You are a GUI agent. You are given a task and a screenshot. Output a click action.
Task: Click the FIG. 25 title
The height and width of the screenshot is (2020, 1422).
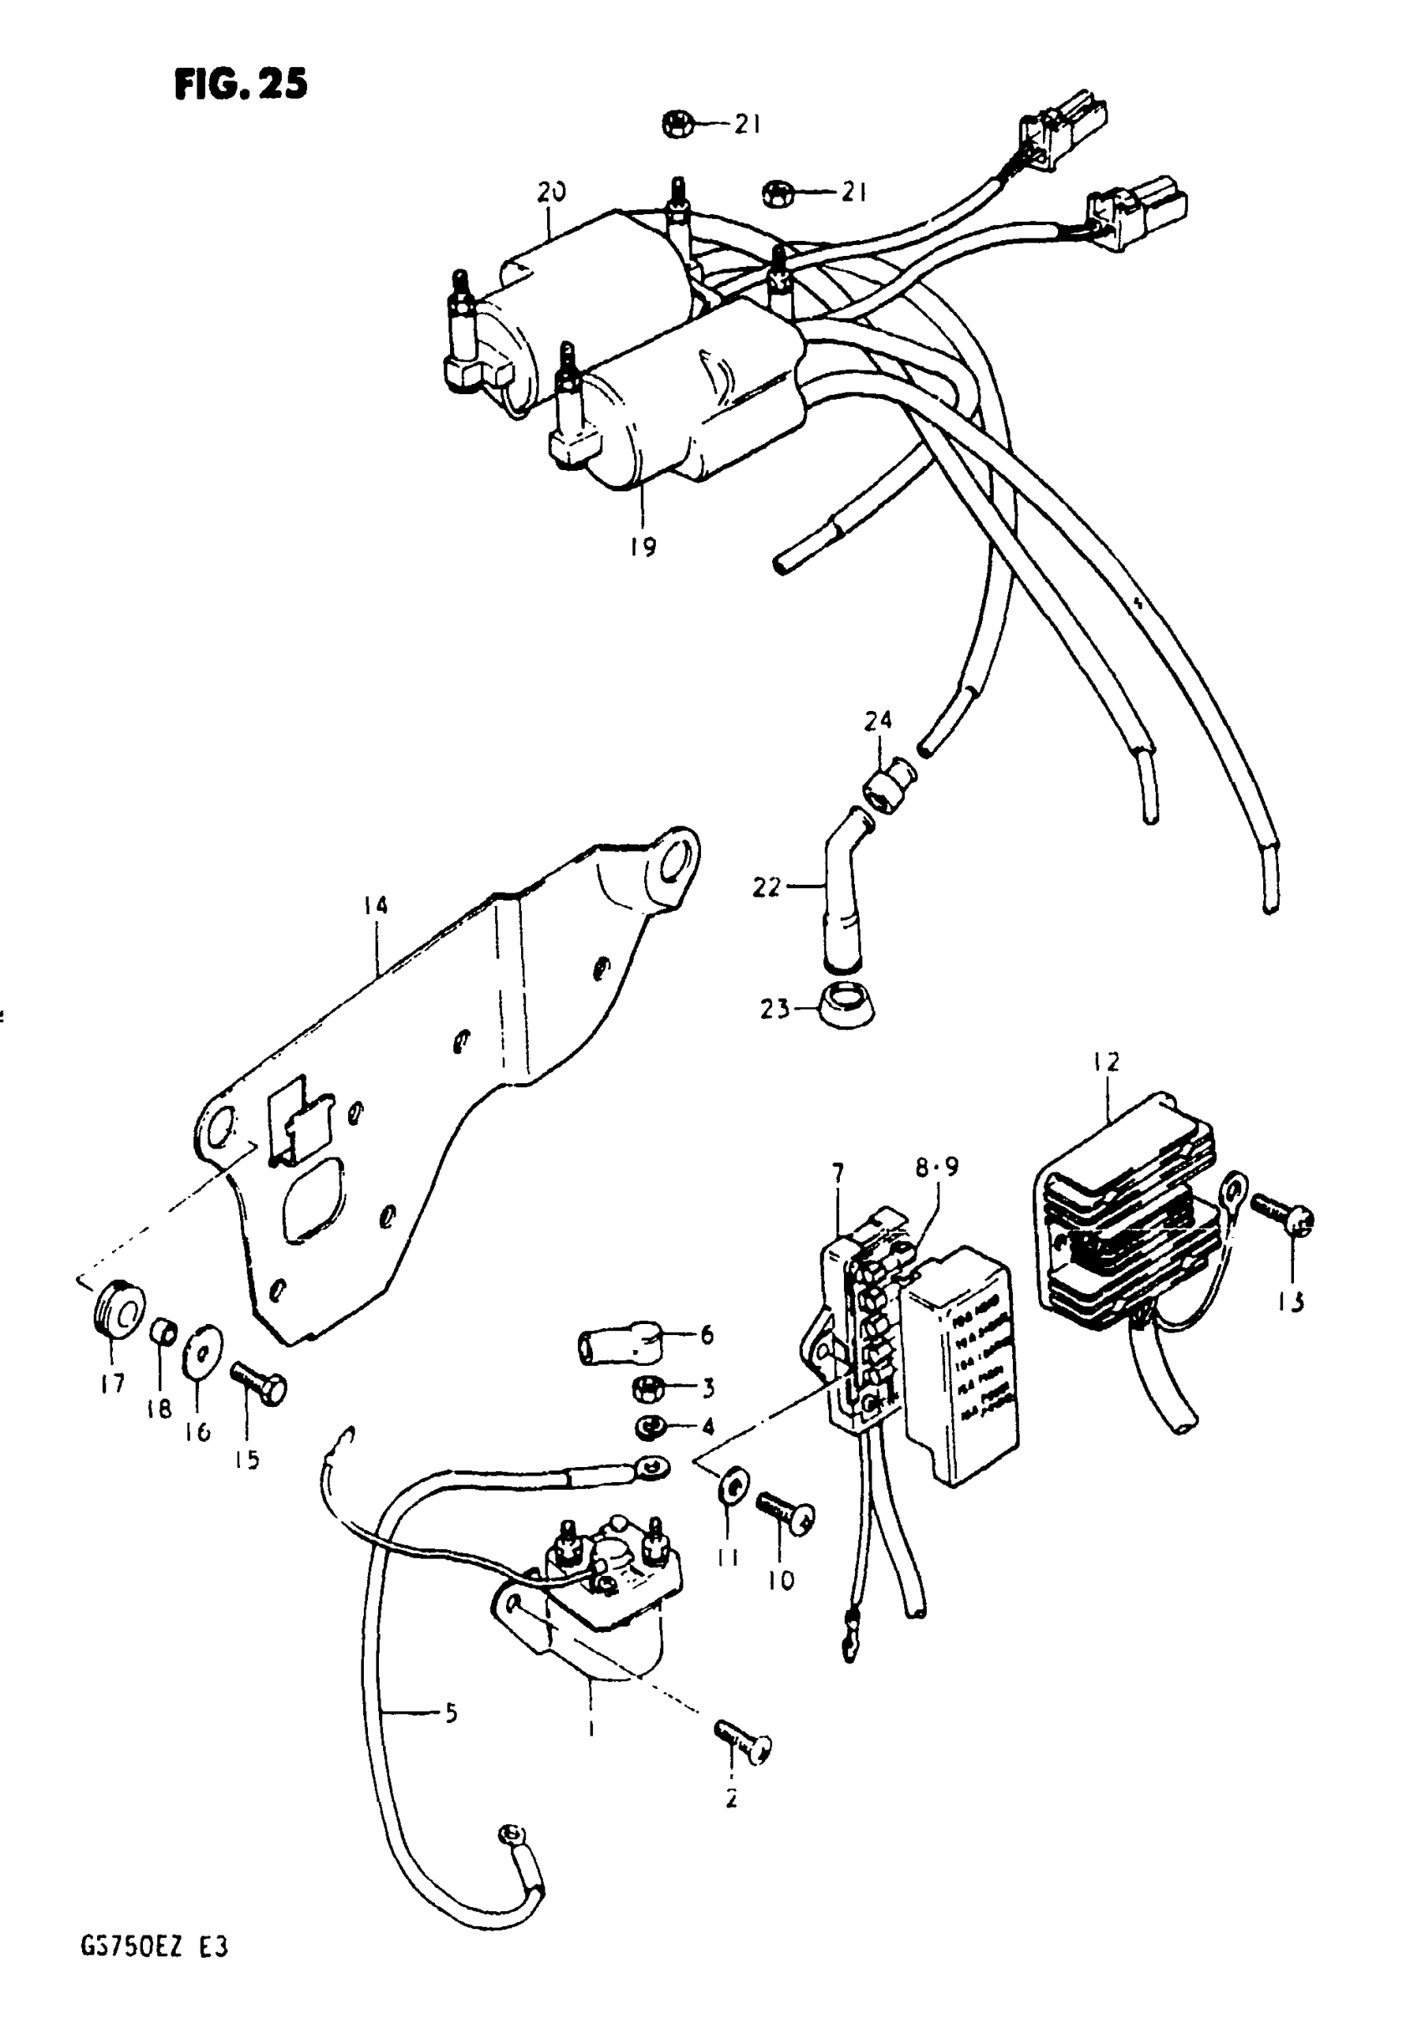point(241,84)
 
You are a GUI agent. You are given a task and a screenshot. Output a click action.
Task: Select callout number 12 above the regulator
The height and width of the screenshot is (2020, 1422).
point(1107,1062)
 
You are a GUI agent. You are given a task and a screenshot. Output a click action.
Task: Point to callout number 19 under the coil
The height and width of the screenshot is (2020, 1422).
point(643,547)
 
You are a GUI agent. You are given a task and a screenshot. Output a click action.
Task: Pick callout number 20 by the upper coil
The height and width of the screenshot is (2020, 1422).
point(552,192)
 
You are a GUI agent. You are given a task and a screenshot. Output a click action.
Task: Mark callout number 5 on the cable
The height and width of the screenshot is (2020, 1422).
point(451,1714)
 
